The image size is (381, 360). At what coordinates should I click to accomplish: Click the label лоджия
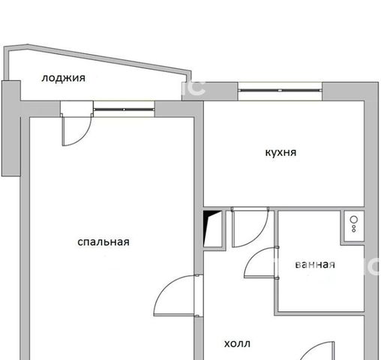[63, 79]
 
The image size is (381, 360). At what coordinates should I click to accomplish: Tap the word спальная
[103, 242]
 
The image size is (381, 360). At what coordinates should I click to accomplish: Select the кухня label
[280, 153]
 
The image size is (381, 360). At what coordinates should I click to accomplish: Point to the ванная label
[315, 265]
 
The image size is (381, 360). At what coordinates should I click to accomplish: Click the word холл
[237, 343]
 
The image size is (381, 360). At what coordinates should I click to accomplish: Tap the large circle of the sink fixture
[354, 220]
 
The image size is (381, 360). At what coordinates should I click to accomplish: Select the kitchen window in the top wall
[280, 90]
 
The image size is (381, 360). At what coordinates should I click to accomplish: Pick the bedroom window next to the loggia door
[124, 109]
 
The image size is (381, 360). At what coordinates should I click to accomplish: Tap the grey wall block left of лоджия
[11, 128]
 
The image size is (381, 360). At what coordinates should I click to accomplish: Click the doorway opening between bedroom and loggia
[76, 109]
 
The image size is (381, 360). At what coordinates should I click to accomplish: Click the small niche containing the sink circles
[354, 226]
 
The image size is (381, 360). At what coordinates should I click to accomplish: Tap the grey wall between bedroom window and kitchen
[178, 109]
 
